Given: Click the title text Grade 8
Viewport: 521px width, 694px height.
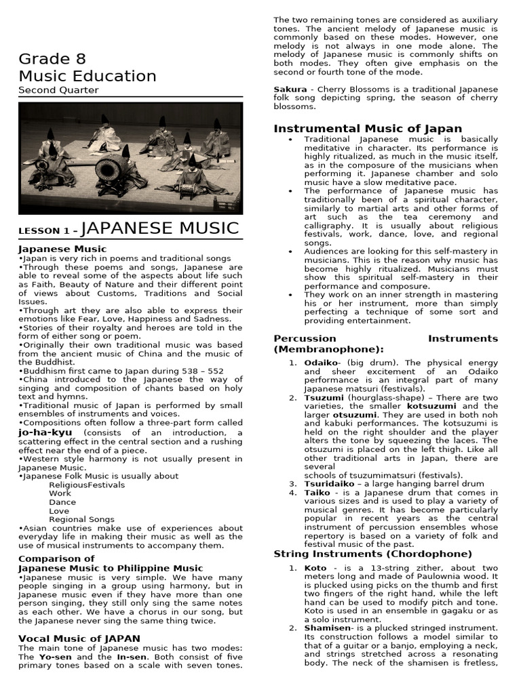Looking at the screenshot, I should tap(52, 58).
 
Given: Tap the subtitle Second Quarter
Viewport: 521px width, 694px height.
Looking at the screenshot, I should tap(58, 90).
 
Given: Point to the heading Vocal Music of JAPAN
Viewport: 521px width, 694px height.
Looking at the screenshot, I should tap(79, 638).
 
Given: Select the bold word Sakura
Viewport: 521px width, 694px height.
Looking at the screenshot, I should tap(290, 89).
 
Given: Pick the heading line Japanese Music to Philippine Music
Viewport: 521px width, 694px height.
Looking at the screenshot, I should tap(111, 568).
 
